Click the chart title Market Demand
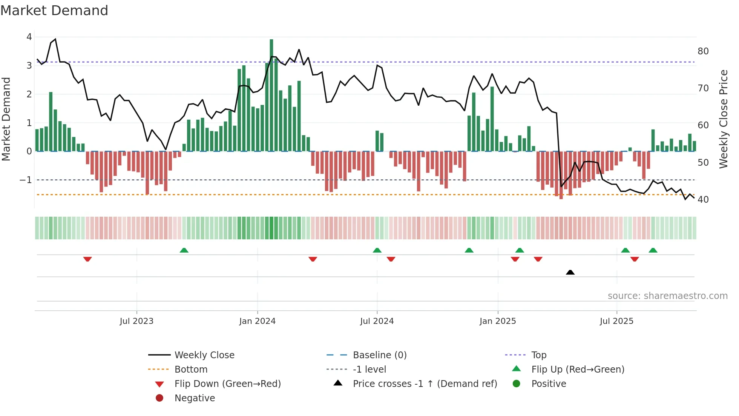[54, 11]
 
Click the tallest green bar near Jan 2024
[271, 94]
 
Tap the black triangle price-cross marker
[570, 272]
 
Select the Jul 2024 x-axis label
[377, 321]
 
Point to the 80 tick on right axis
[703, 51]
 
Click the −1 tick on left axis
[26, 180]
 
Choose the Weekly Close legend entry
[204, 355]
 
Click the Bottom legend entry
[191, 370]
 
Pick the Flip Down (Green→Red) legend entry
[227, 384]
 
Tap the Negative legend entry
[195, 398]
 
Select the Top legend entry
[539, 355]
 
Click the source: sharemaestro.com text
[667, 296]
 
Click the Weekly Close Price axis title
[723, 119]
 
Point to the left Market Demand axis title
[6, 119]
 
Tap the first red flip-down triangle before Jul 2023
[87, 259]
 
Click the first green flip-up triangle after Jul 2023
[184, 250]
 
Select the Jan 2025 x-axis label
[497, 321]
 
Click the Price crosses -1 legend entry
[425, 384]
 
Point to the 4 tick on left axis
[29, 37]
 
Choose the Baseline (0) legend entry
[379, 355]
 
